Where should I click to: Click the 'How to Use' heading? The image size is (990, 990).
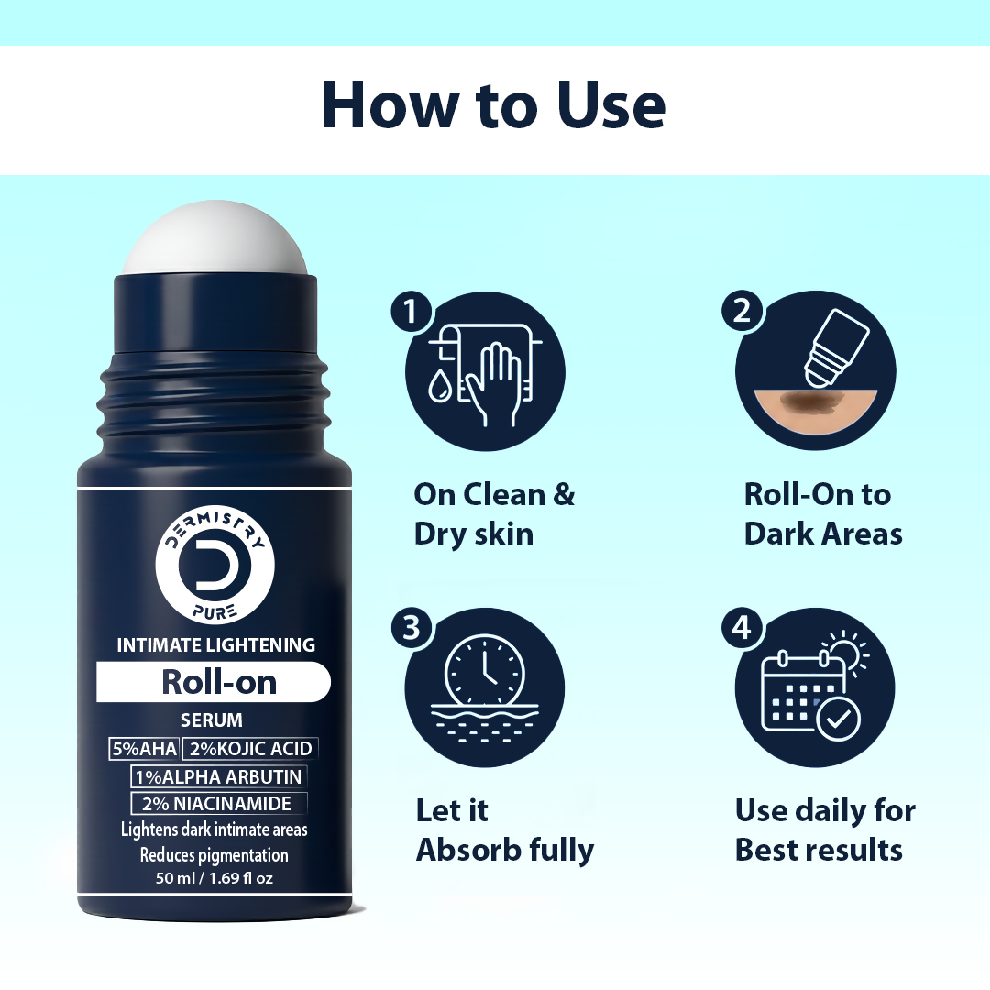[x=494, y=106]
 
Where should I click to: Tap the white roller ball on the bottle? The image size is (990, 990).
[x=214, y=239]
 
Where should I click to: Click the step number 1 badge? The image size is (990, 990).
[x=411, y=312]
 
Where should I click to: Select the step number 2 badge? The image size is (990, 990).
[x=741, y=312]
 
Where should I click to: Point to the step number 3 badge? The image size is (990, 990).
[x=411, y=627]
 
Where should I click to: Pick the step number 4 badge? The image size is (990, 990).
[x=741, y=627]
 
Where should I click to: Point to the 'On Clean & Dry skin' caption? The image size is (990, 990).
[x=494, y=513]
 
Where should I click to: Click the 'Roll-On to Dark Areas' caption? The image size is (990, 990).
[x=822, y=513]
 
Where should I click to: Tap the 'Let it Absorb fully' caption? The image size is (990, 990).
[x=505, y=830]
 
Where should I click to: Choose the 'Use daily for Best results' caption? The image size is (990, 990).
[x=824, y=830]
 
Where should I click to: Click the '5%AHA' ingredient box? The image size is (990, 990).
[x=143, y=749]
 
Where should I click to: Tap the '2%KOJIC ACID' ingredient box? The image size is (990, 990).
[x=249, y=749]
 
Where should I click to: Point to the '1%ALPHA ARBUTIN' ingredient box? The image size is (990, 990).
[x=218, y=776]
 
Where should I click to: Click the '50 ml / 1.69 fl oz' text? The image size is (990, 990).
[x=214, y=877]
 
